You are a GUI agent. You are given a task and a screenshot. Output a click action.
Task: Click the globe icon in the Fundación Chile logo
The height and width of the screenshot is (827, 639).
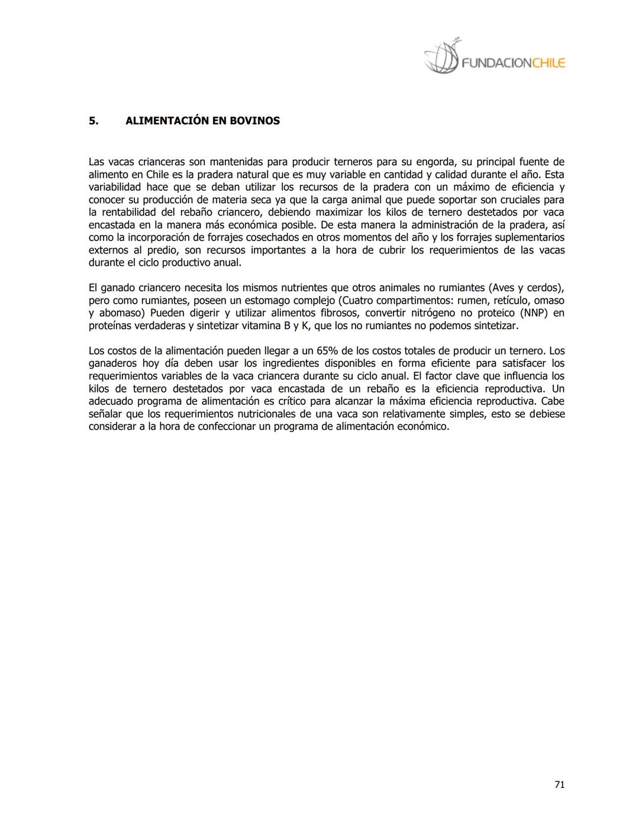tap(441, 58)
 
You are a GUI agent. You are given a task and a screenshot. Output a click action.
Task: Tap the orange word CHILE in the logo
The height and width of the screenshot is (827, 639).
tap(549, 63)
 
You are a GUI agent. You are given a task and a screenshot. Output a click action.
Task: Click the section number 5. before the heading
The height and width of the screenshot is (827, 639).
tap(93, 121)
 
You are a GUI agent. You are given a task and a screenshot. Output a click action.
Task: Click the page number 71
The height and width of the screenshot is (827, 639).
tap(559, 784)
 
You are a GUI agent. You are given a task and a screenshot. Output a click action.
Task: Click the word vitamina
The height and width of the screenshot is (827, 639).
tap(257, 326)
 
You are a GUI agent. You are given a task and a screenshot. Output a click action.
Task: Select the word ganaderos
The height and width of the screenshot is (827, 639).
tap(112, 363)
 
